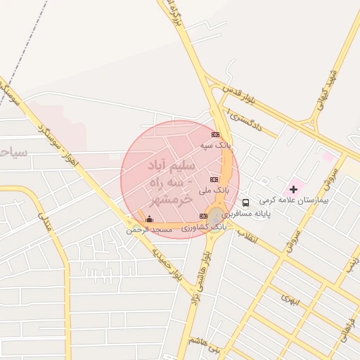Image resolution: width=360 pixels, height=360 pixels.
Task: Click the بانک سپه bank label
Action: [x=216, y=145]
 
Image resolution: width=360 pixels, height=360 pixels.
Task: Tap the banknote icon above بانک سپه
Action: [x=215, y=134]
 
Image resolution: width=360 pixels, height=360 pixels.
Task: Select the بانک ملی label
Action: [x=214, y=190]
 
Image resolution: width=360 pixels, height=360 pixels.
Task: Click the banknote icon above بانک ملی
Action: [x=213, y=180]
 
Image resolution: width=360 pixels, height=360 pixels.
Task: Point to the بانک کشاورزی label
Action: [x=204, y=227]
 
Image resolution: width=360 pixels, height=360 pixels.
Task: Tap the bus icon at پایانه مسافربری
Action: [x=245, y=202]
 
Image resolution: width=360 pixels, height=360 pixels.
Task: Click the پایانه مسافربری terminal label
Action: [x=247, y=213]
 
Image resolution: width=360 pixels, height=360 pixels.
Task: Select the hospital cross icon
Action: [x=293, y=189]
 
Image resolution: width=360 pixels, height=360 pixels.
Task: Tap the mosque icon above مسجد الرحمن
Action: [x=149, y=219]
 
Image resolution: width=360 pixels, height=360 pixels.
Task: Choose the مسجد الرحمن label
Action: [x=149, y=230]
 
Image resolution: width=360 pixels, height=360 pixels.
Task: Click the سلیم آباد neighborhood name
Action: [x=171, y=168]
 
